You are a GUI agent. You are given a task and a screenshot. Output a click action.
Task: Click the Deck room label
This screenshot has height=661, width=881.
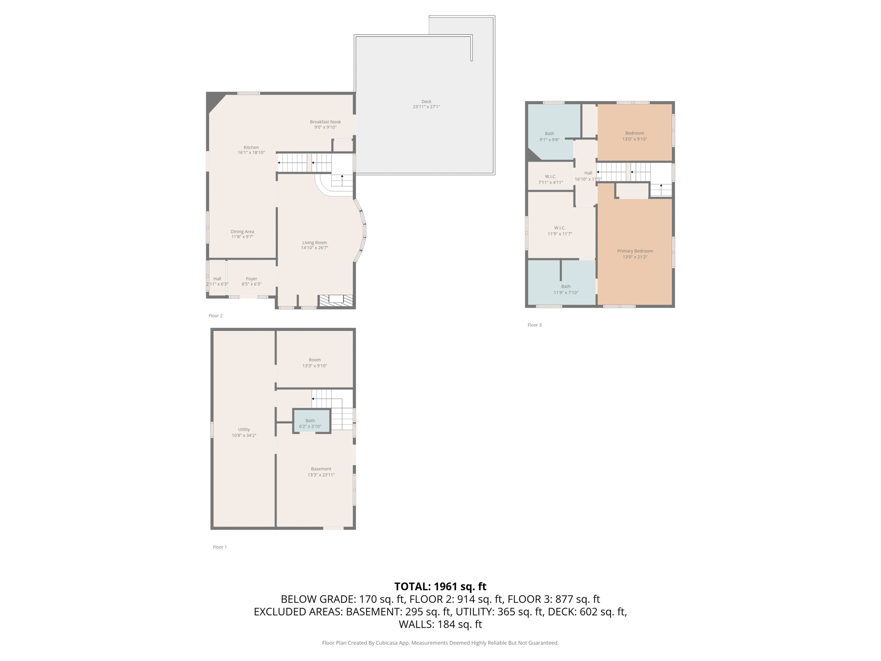click(x=426, y=102)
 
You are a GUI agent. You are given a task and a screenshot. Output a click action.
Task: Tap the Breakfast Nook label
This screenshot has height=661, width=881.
click(x=325, y=122)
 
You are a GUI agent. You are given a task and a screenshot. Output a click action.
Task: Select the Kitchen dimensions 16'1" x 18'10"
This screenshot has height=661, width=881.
click(x=251, y=153)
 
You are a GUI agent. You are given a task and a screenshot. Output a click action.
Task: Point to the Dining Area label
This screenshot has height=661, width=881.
click(x=242, y=232)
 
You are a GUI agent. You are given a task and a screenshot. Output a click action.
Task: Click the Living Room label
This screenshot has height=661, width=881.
click(x=314, y=243)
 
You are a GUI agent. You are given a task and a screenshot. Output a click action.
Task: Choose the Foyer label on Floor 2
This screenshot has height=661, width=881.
click(x=252, y=279)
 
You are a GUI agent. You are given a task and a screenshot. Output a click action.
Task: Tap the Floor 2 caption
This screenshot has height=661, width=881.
click(x=216, y=316)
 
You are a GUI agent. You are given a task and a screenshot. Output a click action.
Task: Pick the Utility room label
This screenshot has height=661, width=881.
click(x=244, y=429)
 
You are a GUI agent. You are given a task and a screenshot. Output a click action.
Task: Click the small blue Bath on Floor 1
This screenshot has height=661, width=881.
click(x=311, y=420)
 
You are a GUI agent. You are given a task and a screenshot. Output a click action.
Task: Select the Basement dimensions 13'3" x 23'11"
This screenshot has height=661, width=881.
click(x=321, y=475)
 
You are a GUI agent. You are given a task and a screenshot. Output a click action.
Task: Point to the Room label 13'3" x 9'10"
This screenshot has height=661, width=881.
click(x=314, y=360)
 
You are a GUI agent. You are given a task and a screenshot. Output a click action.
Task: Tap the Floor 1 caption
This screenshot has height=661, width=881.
click(x=220, y=547)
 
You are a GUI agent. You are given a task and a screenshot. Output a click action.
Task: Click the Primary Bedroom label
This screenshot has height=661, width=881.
click(x=635, y=251)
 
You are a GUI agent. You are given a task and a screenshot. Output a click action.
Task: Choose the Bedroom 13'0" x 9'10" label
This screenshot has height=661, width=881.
click(x=635, y=133)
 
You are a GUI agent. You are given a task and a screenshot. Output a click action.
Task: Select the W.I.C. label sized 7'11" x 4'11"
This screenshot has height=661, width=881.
click(x=551, y=176)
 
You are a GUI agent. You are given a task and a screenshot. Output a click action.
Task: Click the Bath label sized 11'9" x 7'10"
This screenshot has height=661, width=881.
click(x=566, y=287)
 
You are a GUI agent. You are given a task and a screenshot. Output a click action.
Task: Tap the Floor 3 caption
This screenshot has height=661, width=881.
click(x=535, y=325)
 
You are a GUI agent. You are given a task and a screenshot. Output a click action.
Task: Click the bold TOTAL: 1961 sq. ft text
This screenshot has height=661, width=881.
click(x=440, y=587)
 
